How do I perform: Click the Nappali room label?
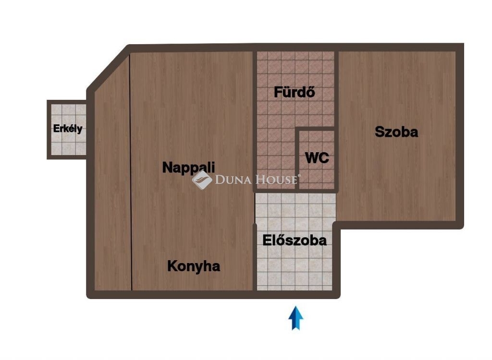[188, 168]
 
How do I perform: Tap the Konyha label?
[194, 266]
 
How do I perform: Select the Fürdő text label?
[295, 92]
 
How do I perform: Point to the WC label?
[317, 158]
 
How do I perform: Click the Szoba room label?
[396, 132]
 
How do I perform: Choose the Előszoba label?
[295, 240]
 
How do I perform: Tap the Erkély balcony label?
[68, 129]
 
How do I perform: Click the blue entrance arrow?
[295, 318]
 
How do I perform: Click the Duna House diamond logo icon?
[202, 180]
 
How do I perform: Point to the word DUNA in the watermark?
[233, 180]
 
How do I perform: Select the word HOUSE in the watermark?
[276, 180]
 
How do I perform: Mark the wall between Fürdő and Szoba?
[336, 121]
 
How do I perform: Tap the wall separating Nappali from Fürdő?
[255, 121]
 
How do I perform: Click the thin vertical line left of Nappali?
[131, 172]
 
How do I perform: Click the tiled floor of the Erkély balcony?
[68, 129]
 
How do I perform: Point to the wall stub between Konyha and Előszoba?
[255, 257]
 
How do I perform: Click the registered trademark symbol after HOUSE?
[299, 176]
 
